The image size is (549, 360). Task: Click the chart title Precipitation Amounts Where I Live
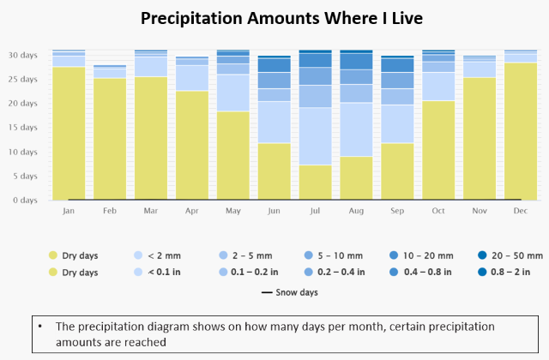coord(274,18)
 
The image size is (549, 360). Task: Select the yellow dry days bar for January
coord(69,133)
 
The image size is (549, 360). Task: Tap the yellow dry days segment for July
coord(315,183)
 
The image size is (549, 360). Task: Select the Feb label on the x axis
coord(109,210)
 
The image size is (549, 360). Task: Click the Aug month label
coord(356,210)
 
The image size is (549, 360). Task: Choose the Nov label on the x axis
coord(480,210)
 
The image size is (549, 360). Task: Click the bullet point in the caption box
coord(40,327)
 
